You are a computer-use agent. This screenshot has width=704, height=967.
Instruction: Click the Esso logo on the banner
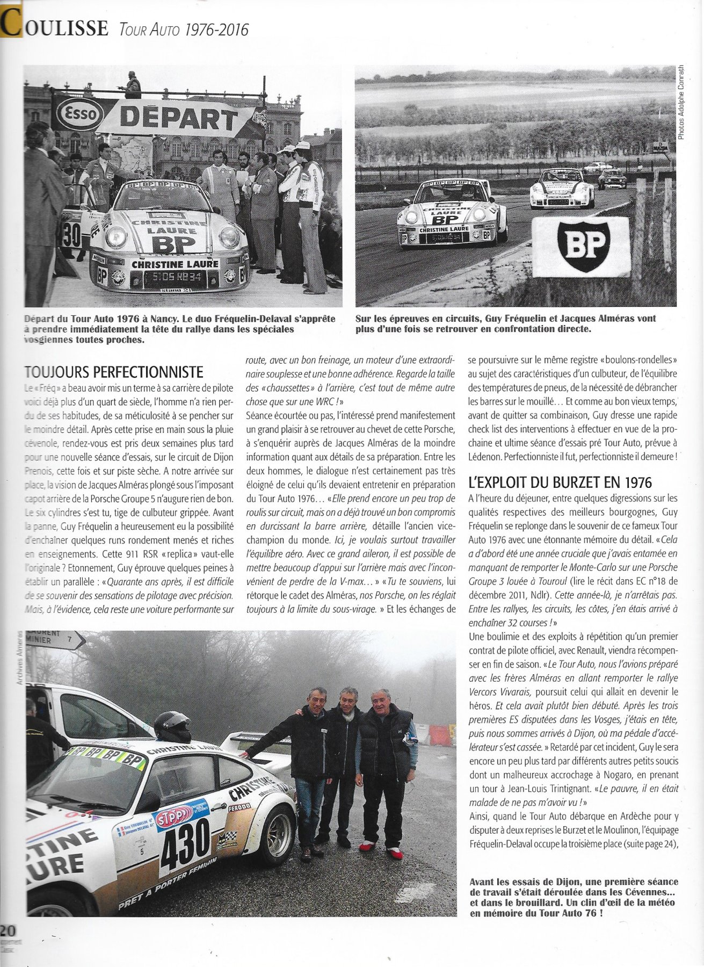click(81, 113)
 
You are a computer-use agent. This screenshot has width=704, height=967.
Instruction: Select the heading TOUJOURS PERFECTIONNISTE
click(114, 372)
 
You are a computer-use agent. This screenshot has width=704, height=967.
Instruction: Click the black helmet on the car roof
click(172, 727)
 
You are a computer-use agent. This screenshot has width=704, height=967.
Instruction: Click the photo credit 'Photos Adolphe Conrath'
click(682, 102)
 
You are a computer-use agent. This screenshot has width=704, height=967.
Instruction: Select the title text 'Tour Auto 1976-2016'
click(180, 30)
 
